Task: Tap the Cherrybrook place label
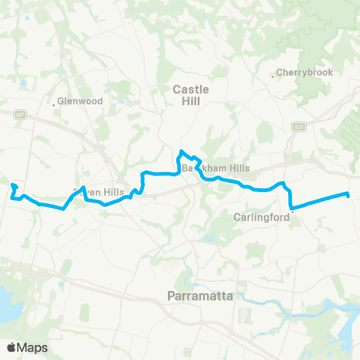pos(304,73)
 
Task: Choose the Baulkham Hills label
pos(216,168)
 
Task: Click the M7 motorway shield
pos(19,115)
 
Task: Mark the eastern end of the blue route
pos(349,196)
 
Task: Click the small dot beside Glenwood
pos(55,104)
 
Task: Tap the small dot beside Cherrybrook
pos(273,75)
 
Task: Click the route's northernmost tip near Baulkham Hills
pos(181,152)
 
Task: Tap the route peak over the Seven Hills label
pos(84,187)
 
